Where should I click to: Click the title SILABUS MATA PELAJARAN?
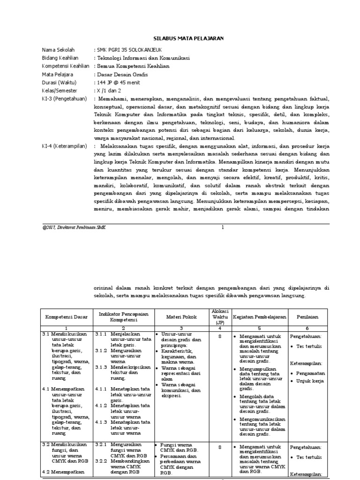[x=180, y=39]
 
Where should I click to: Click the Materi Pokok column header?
[x=180, y=317]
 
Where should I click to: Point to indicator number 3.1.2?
[x=101, y=350]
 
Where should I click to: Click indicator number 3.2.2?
[x=101, y=461]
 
